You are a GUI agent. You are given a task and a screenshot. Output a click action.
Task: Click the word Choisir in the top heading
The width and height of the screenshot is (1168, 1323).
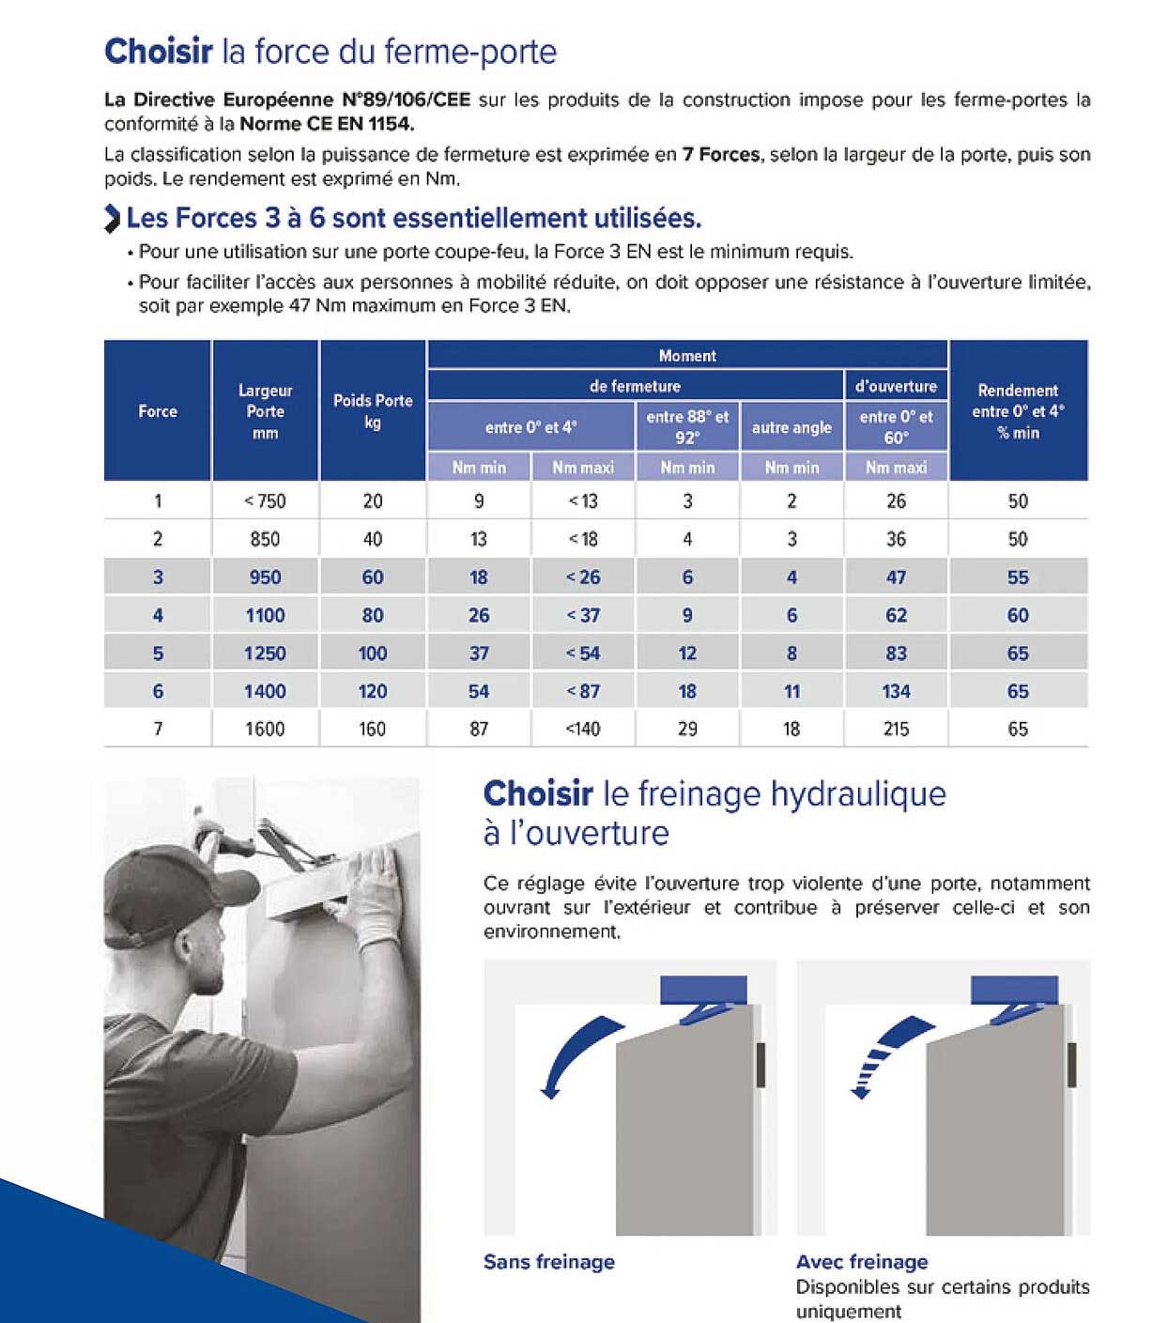click(x=158, y=51)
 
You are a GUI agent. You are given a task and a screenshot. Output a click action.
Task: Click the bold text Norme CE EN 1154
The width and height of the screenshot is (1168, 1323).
click(x=327, y=124)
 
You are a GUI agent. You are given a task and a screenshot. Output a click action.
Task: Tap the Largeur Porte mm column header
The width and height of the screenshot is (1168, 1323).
click(x=265, y=411)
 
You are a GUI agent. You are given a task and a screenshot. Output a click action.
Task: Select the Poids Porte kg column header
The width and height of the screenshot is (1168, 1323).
click(x=373, y=411)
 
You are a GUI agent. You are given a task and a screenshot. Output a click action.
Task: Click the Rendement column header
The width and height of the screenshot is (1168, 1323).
click(x=1018, y=411)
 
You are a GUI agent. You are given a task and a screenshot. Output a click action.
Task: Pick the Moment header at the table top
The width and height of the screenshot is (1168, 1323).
click(x=687, y=356)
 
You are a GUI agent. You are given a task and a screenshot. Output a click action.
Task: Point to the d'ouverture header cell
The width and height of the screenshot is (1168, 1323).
click(x=896, y=386)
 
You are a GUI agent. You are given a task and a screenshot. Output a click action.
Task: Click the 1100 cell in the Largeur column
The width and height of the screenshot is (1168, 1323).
click(x=265, y=615)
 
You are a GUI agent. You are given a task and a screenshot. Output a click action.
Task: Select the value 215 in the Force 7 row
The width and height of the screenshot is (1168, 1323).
click(x=896, y=729)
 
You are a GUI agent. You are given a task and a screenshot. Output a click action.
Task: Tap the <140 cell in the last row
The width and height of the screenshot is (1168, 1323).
click(x=583, y=729)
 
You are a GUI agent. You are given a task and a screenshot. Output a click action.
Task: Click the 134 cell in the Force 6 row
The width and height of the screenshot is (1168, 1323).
click(x=896, y=691)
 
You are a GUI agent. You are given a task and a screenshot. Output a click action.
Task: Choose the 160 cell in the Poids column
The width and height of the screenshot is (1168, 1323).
click(x=373, y=729)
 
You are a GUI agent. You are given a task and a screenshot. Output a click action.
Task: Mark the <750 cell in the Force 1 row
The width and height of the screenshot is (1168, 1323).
click(x=265, y=501)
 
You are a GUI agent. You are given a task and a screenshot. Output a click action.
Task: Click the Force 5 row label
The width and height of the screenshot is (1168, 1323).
click(x=158, y=654)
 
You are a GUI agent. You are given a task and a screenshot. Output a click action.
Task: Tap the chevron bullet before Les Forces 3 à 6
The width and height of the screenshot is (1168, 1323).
click(x=113, y=219)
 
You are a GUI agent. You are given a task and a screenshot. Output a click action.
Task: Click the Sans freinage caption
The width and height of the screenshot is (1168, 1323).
click(x=548, y=1262)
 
